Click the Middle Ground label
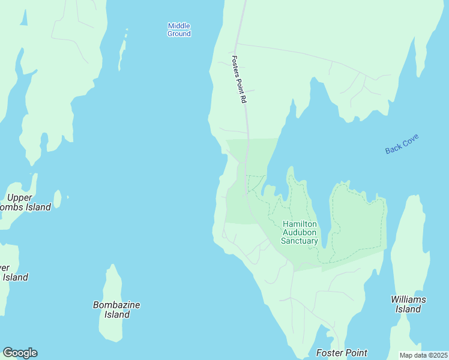click(179, 29)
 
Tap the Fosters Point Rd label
click(239, 80)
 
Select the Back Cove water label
click(402, 144)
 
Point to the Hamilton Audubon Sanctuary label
click(300, 232)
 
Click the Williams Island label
click(408, 304)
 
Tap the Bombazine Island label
click(116, 310)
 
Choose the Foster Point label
click(342, 353)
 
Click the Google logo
click(20, 353)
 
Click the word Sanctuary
click(300, 241)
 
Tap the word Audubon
click(300, 233)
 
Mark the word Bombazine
click(116, 305)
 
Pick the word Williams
click(408, 299)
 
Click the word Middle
click(179, 26)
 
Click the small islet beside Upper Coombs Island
click(58, 198)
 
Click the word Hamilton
click(300, 224)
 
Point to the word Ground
click(179, 34)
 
